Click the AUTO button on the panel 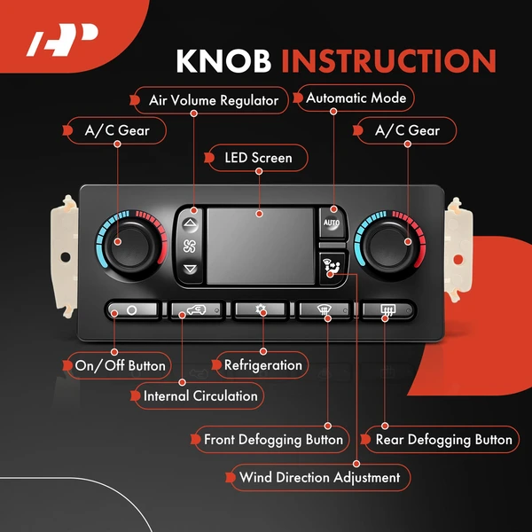tap(331, 223)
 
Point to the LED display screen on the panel tap(260, 246)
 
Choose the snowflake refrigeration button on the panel tap(262, 310)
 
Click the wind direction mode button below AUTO tap(331, 267)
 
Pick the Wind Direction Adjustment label tap(319, 477)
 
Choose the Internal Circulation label tap(199, 395)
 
